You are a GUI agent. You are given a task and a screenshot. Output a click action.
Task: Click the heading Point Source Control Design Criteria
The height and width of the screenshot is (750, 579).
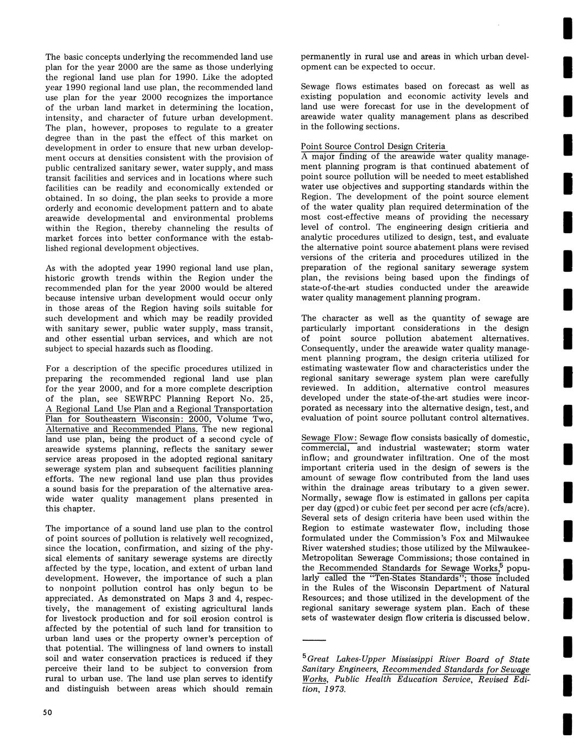[x=373, y=146]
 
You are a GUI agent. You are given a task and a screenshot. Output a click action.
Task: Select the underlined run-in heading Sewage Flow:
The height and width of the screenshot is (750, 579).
[x=329, y=438]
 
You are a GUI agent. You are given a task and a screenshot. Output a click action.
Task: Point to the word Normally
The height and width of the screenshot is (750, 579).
[x=321, y=498]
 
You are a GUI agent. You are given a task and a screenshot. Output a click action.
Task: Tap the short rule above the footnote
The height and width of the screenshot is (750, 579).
[x=314, y=640]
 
